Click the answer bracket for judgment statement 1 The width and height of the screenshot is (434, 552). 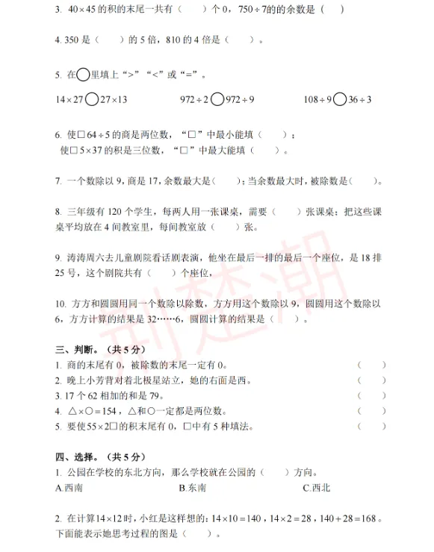(x=371, y=366)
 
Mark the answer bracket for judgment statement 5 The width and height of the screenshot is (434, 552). (x=371, y=427)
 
